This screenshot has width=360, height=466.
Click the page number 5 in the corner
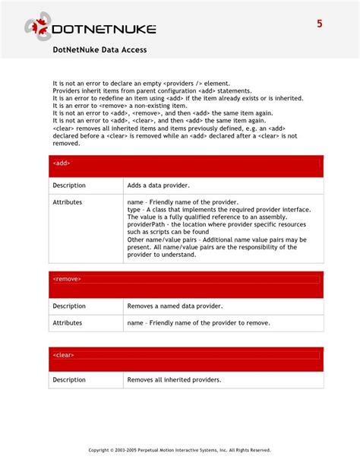(x=320, y=24)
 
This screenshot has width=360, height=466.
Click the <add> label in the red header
(x=62, y=163)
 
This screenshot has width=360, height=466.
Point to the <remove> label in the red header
(x=67, y=279)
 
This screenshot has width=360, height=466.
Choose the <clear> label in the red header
(x=64, y=355)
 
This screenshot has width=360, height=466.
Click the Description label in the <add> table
(x=69, y=185)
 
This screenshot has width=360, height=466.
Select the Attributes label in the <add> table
(x=68, y=202)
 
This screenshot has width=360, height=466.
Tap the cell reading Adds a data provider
(x=158, y=185)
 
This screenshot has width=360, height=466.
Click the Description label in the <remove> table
(x=69, y=306)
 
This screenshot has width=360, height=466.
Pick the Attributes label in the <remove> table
(x=68, y=323)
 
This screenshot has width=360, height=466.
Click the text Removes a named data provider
(x=175, y=306)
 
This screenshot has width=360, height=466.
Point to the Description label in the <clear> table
(x=69, y=379)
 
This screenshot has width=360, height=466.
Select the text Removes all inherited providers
(x=174, y=379)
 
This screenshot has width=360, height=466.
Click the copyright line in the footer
(x=179, y=449)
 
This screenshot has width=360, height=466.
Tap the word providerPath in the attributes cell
(x=147, y=225)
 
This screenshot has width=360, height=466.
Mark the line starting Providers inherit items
(x=151, y=90)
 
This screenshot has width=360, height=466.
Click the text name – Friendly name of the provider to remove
(x=198, y=323)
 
